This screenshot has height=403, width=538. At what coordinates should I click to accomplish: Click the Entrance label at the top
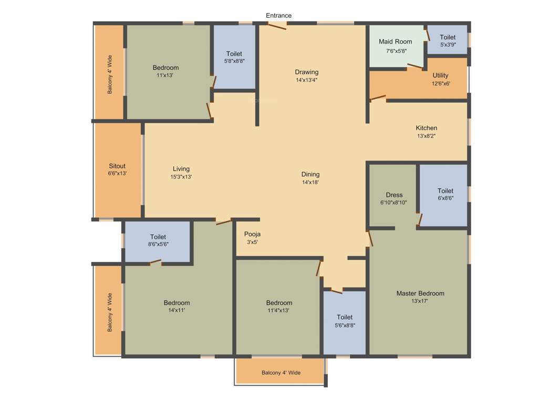pos(278,16)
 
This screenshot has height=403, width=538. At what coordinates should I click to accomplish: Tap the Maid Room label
pos(395,41)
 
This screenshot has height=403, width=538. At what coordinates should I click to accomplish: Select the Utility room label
pos(440,75)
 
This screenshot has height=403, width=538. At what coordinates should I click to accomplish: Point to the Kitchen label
pos(426,128)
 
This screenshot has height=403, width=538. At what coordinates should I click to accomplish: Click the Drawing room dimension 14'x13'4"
pos(306,80)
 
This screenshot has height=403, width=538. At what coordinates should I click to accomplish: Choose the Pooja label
pos(252,234)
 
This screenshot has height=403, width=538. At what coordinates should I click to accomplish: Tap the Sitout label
pos(117,166)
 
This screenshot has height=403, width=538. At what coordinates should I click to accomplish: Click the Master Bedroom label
pos(420,293)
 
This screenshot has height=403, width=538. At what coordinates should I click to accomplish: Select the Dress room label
pos(394,195)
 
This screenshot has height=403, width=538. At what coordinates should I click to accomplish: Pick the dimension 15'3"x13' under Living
pos(181,177)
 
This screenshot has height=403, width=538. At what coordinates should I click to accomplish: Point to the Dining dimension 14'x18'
pos(310,182)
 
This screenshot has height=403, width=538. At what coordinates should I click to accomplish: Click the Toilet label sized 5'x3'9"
pos(448,37)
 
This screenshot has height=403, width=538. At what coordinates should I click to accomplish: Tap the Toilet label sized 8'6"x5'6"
pos(158,237)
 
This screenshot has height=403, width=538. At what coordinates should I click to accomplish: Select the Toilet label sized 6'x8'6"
pos(445,191)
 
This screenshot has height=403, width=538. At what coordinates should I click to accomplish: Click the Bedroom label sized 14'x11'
pos(177,303)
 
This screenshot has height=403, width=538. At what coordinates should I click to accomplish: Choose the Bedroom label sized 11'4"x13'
pos(279,303)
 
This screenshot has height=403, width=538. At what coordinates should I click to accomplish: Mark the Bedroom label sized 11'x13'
pos(165,68)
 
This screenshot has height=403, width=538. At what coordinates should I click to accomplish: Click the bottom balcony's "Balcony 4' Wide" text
pos(281,373)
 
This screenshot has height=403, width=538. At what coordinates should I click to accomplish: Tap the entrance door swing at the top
pos(277,25)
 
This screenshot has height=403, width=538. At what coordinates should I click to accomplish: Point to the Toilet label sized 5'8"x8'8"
pos(234,54)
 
